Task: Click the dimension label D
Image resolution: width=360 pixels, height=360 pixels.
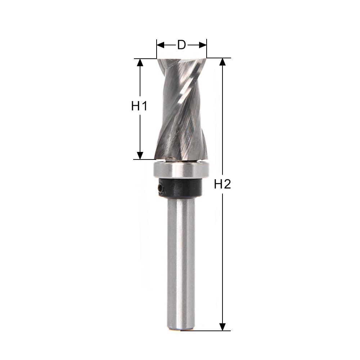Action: click(x=181, y=45)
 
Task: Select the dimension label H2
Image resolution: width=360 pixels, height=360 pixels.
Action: click(x=222, y=184)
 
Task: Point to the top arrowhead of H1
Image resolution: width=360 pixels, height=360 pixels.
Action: click(x=140, y=63)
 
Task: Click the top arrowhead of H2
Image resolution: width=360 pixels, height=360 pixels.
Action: click(x=223, y=62)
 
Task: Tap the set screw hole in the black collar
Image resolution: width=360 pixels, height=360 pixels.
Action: click(x=160, y=188)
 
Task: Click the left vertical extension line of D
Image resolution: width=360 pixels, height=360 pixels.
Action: click(x=157, y=50)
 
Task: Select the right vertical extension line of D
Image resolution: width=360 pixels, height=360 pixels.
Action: click(x=207, y=50)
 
